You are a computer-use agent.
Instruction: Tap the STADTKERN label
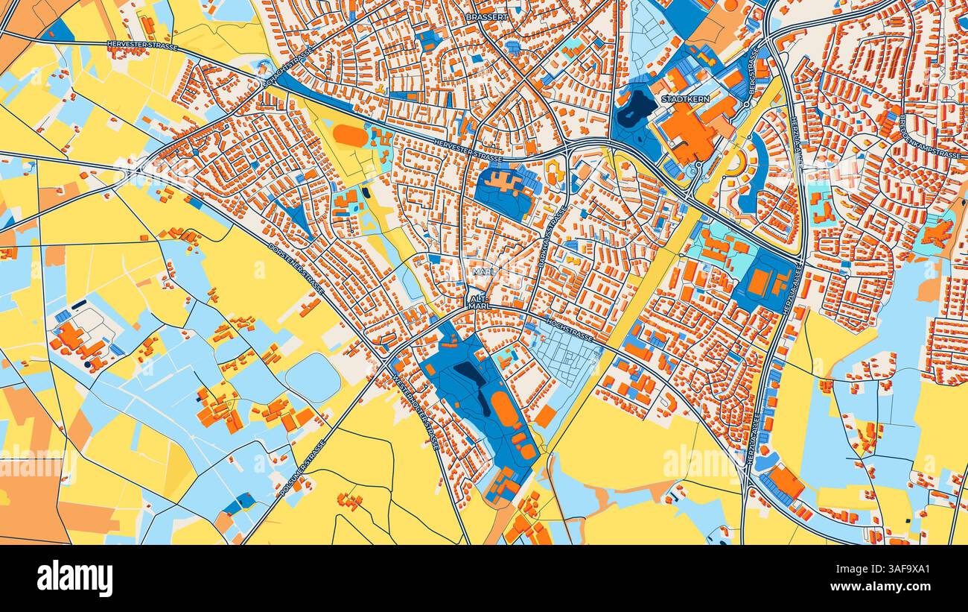point(685,98)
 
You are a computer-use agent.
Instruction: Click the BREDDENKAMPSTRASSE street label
point(932,137)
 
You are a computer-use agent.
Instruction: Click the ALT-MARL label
point(478,302)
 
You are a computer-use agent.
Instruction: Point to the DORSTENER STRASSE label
point(296,269)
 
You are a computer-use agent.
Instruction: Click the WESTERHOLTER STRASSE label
point(415,410)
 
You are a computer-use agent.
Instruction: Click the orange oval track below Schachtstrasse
point(349,135)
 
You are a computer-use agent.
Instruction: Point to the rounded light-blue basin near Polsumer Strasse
point(313,376)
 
